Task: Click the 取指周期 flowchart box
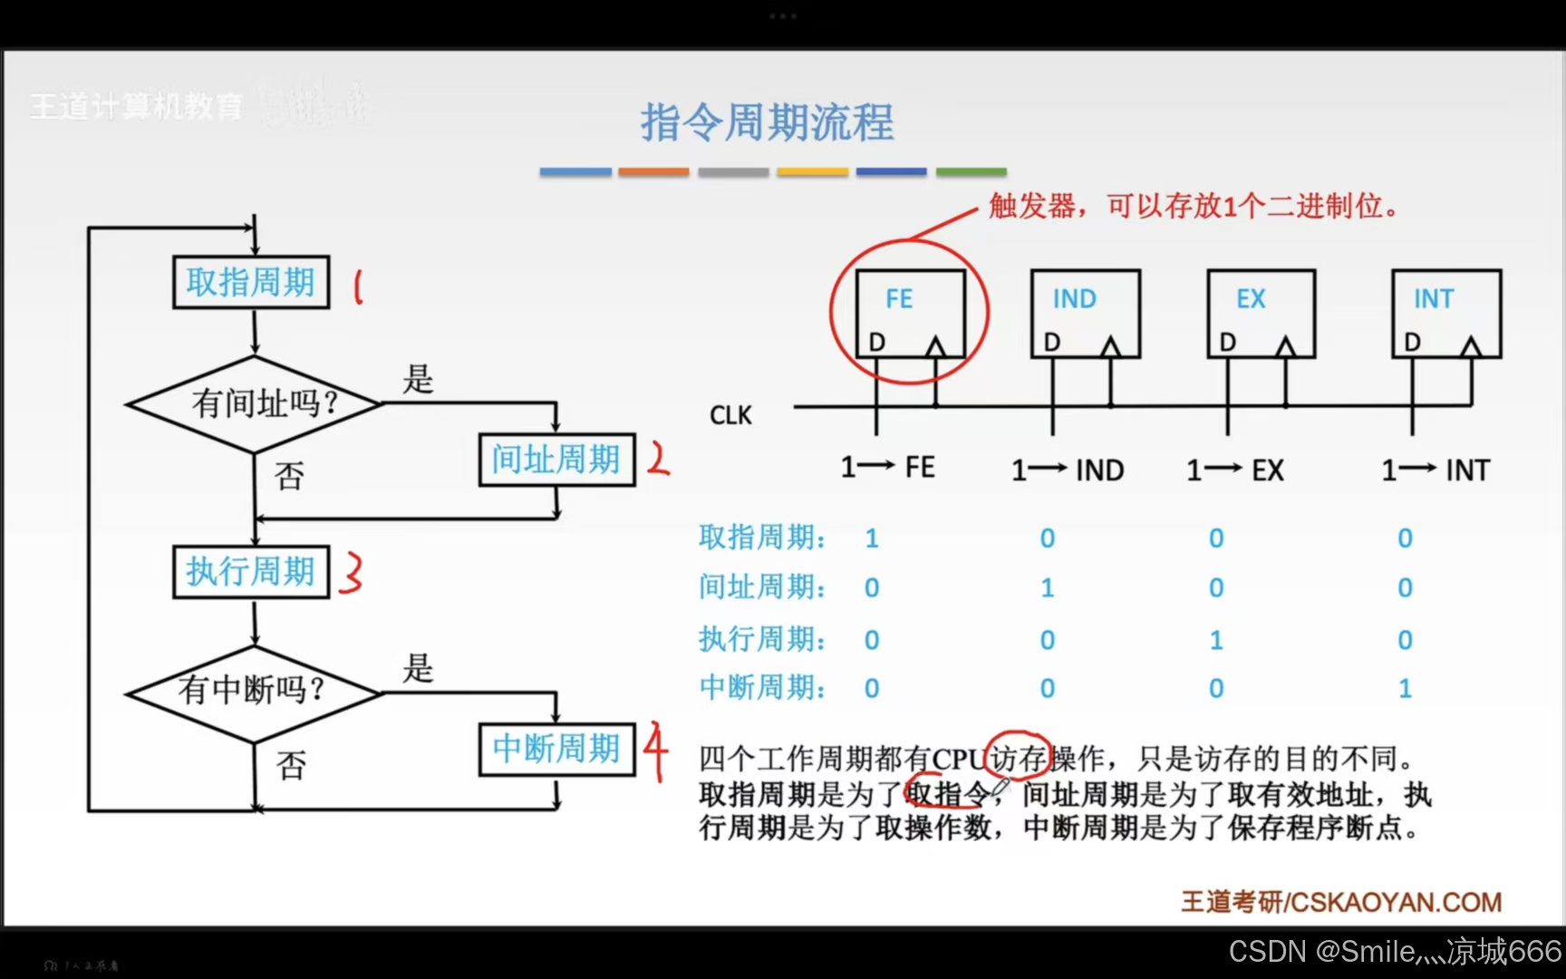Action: coord(251,283)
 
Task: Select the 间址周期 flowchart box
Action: coord(556,460)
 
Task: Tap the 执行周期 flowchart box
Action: coord(251,572)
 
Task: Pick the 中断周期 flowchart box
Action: coord(556,749)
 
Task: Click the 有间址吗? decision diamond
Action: coord(255,403)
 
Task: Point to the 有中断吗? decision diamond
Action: coord(253,692)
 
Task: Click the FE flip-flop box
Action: coord(910,313)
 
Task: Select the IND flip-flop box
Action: coord(1085,313)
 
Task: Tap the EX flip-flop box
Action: coord(1261,313)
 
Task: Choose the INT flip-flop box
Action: coord(1445,313)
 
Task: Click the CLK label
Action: coord(730,415)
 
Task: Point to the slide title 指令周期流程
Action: coord(768,122)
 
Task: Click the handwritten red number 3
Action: coord(351,573)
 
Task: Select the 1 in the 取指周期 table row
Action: coord(872,538)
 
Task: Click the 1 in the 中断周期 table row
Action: coord(1405,689)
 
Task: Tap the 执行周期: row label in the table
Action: coord(762,639)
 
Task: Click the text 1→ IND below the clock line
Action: coord(1068,470)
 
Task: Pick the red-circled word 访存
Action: coord(1019,758)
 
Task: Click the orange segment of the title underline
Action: coord(653,171)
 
